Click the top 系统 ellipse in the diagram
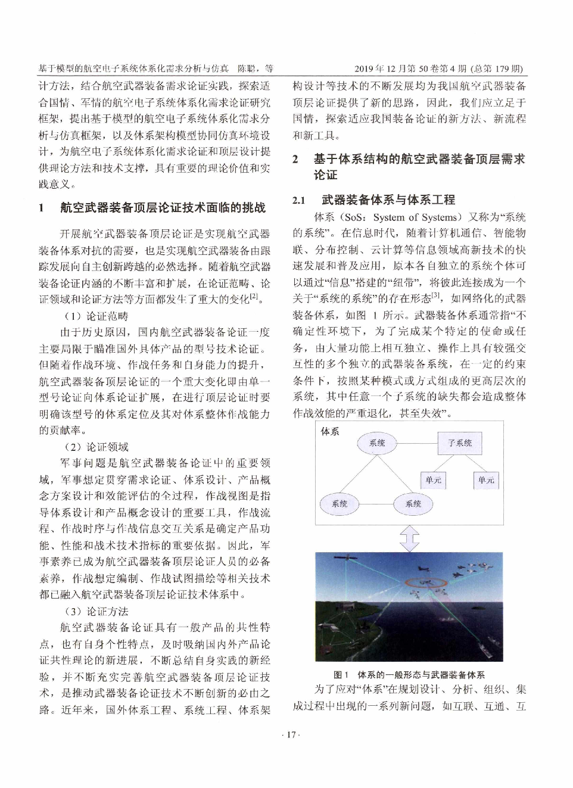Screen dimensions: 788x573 coord(377,443)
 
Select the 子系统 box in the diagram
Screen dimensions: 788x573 coord(459,443)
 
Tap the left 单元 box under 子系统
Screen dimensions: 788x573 coord(433,480)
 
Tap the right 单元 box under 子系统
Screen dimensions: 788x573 coord(485,480)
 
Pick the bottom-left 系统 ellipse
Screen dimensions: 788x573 coord(340,504)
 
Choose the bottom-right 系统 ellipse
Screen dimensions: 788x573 coord(413,504)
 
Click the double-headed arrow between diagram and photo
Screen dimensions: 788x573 coord(409,538)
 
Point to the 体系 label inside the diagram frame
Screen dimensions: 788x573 coord(330,431)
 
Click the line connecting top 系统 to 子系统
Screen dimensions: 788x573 coord(418,443)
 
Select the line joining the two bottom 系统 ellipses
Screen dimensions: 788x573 coord(376,504)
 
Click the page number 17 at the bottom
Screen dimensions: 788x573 coord(290,734)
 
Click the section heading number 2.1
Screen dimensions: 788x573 coord(299,200)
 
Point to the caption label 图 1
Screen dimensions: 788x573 coord(341,675)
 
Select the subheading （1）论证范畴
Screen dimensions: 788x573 coord(96,316)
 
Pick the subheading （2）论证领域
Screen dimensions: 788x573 coord(96,447)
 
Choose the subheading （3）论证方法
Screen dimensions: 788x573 coord(96,612)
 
